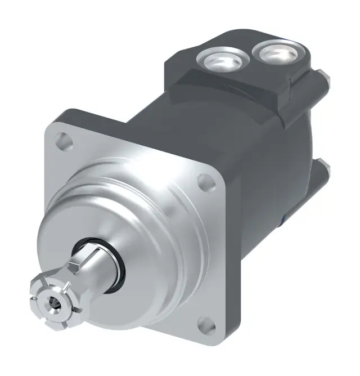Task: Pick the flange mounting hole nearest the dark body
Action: point(206,182)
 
